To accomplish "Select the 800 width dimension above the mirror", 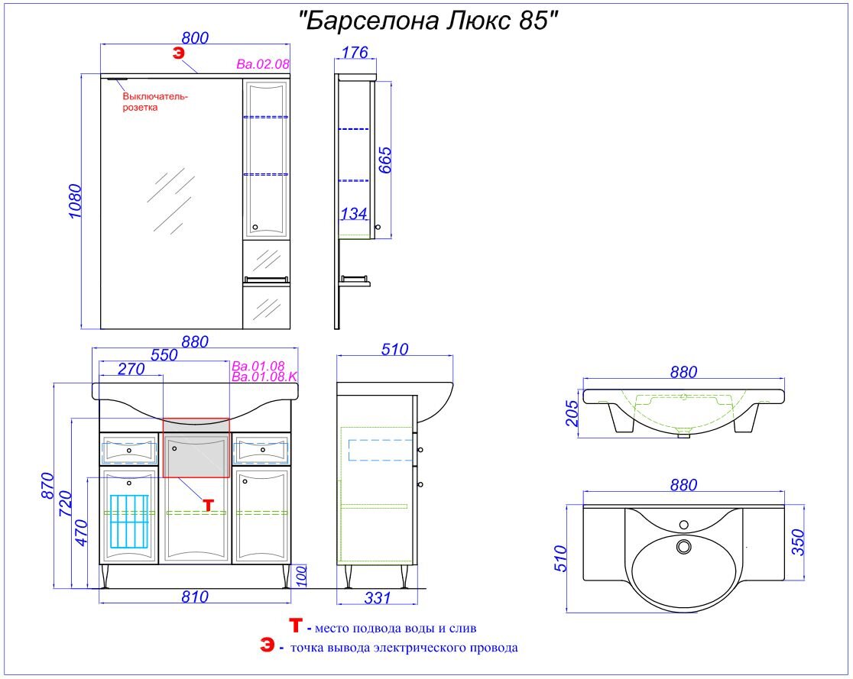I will tap(194, 37).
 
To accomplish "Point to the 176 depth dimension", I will tap(355, 52).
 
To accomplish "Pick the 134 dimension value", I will tap(353, 214).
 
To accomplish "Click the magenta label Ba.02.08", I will tap(263, 65).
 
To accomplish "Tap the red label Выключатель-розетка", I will tap(154, 102).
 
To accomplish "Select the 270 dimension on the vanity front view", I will tap(131, 369).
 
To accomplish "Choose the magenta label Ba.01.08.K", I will tap(264, 377).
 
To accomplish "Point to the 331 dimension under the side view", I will tap(378, 597).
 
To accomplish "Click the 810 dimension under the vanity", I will tap(196, 597).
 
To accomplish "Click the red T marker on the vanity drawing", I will tap(209, 504).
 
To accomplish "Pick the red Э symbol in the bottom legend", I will tap(266, 646).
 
